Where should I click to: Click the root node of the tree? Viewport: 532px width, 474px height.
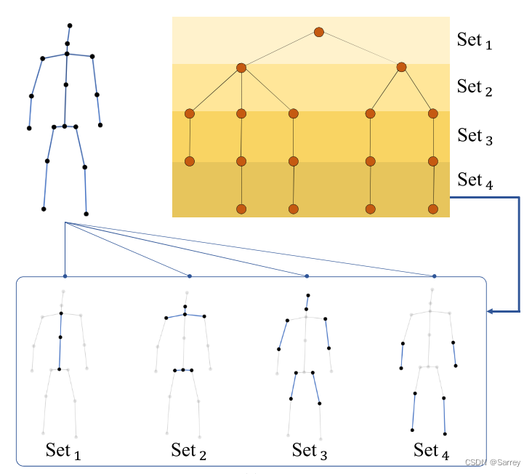[x=318, y=32]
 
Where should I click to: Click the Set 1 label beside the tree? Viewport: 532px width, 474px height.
[x=475, y=40]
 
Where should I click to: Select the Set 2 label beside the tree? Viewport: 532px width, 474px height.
[x=475, y=87]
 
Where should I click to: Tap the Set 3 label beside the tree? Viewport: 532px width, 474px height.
[x=475, y=135]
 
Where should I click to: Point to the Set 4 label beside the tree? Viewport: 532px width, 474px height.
[x=475, y=180]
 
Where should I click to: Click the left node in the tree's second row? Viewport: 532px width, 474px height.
[x=241, y=68]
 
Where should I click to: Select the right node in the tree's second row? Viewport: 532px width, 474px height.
[x=400, y=68]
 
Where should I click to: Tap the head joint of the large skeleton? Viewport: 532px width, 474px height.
[x=70, y=26]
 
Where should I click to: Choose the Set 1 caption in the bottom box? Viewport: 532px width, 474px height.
[x=63, y=450]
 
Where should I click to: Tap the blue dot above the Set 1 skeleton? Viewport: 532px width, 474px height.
[x=65, y=276]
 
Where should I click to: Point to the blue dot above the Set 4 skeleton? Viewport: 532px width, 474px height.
[x=435, y=276]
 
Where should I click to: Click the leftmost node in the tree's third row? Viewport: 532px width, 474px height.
[x=190, y=113]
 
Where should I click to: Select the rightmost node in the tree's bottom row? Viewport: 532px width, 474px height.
[x=434, y=209]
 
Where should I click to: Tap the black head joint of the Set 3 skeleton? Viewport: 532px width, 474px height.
[x=308, y=295]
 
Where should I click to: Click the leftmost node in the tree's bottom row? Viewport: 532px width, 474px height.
[x=241, y=209]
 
